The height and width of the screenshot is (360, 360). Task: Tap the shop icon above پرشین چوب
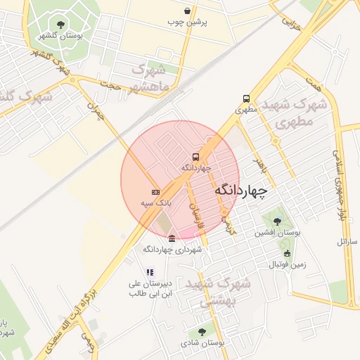point(186,11)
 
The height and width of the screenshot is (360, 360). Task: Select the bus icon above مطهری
point(246,99)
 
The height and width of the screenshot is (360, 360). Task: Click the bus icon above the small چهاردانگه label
point(195,157)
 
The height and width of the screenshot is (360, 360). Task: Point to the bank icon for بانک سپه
point(155,192)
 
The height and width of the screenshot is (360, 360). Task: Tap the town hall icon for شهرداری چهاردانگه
point(172,239)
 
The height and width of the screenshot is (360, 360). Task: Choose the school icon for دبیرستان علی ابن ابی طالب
point(149,272)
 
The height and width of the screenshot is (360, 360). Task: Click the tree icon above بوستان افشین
point(276,221)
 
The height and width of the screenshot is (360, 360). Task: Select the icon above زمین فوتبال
point(286,254)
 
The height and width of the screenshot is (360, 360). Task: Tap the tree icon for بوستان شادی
point(202,331)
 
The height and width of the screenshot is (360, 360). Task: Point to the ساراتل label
point(347,241)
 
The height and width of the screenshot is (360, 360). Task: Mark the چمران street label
point(95,111)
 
